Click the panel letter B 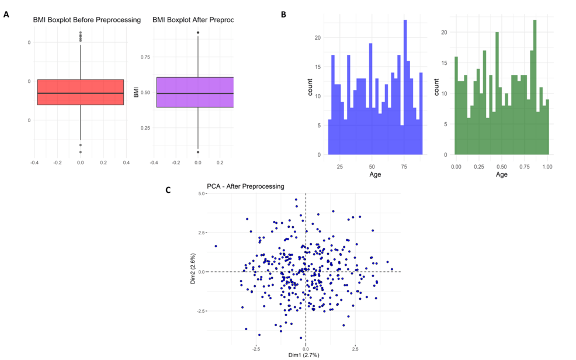tap(284, 14)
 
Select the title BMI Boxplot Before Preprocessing tap(86, 20)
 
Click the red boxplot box tap(80, 92)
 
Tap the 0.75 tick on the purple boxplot tap(143, 57)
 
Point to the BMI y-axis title tap(136, 92)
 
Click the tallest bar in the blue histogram tap(405, 88)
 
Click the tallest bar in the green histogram tap(535, 88)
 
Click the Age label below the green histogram tap(501, 174)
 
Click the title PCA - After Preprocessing tap(245, 186)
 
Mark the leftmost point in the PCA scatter tap(216, 246)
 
